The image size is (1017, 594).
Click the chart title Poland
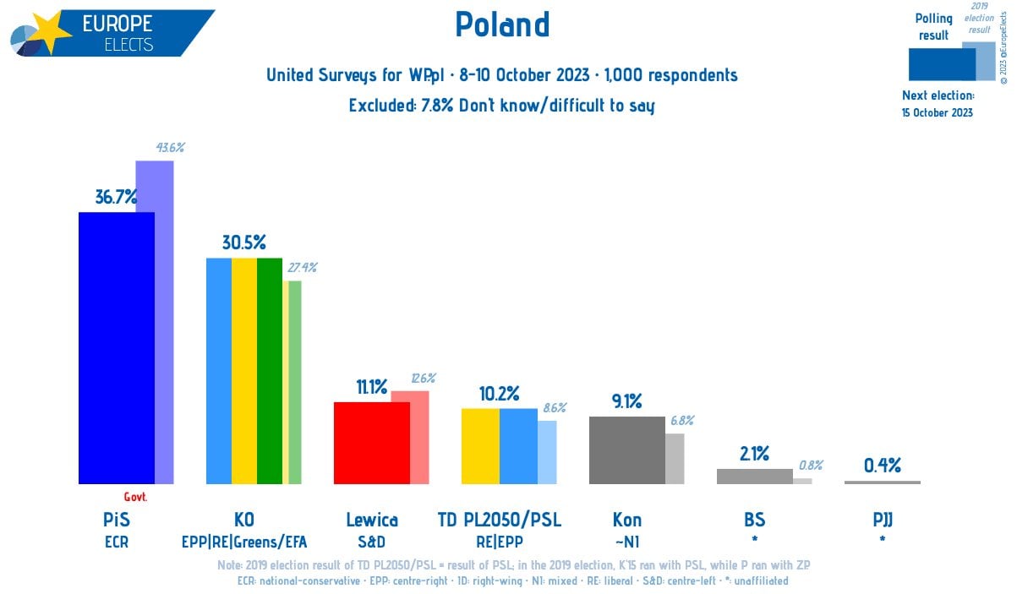[502, 25]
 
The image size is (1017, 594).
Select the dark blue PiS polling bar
[117, 346]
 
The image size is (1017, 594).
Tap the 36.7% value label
[117, 198]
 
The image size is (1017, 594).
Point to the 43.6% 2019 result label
[170, 148]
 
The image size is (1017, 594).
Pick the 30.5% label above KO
[244, 243]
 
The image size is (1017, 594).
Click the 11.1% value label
[372, 388]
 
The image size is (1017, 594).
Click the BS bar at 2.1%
[754, 476]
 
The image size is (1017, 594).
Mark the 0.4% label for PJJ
[882, 465]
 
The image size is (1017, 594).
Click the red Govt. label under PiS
[135, 498]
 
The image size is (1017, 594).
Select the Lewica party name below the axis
[372, 520]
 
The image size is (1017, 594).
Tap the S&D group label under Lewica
[372, 542]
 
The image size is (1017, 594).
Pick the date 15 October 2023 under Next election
[937, 113]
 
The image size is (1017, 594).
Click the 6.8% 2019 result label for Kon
[681, 421]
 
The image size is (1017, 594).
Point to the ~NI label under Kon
[626, 542]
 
